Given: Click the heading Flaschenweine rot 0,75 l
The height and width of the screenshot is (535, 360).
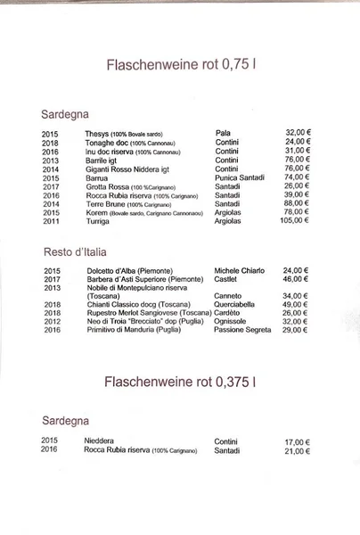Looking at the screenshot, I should pos(181,65).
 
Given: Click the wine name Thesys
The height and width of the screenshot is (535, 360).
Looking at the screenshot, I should pos(96,133).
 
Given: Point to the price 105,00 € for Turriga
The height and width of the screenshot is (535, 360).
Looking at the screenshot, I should pos(294,220).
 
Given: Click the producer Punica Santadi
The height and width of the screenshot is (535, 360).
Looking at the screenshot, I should pos(240,177).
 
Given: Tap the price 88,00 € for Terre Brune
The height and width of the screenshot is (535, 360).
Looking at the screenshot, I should pos(297,203).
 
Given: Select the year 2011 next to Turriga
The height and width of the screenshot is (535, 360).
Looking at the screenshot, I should pos(50,221).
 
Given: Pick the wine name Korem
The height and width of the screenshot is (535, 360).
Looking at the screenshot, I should pos(96,212).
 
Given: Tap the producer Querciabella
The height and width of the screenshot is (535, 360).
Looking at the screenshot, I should pos(238,304).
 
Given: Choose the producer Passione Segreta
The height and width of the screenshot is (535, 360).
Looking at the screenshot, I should pos(242,330).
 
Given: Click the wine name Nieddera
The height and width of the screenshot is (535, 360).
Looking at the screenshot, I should pos(99,440).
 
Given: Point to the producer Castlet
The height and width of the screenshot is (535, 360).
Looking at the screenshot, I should pos(226,279).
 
